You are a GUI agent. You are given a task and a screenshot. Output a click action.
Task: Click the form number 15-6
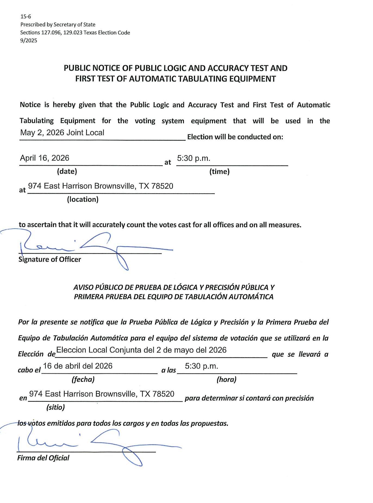pyautogui.click(x=26, y=17)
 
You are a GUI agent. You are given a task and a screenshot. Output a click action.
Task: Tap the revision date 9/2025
pyautogui.click(x=29, y=40)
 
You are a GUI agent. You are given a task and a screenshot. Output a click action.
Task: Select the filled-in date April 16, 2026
pyautogui.click(x=45, y=158)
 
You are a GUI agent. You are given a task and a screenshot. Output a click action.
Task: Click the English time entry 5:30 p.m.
pyautogui.click(x=193, y=158)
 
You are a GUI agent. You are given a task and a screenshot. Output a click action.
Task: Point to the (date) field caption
pyautogui.click(x=67, y=171)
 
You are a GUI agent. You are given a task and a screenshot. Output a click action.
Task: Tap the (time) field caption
pyautogui.click(x=219, y=172)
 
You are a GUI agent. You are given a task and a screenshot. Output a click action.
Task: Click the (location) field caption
pyautogui.click(x=83, y=199)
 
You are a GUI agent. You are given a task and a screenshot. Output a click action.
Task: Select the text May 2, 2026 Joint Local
pyautogui.click(x=62, y=133)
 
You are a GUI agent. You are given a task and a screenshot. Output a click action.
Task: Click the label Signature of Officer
pyautogui.click(x=50, y=259)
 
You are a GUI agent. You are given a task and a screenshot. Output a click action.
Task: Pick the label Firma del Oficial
pyautogui.click(x=43, y=458)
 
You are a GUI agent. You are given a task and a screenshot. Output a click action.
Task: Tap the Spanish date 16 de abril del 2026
pyautogui.click(x=78, y=366)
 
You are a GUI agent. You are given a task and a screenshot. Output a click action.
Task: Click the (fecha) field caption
pyautogui.click(x=83, y=379)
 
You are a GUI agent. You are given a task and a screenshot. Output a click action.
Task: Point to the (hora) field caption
pyautogui.click(x=226, y=379)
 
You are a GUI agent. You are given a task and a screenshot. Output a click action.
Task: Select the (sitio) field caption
pyautogui.click(x=55, y=407)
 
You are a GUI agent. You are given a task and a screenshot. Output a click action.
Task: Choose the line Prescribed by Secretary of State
pyautogui.click(x=58, y=24)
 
